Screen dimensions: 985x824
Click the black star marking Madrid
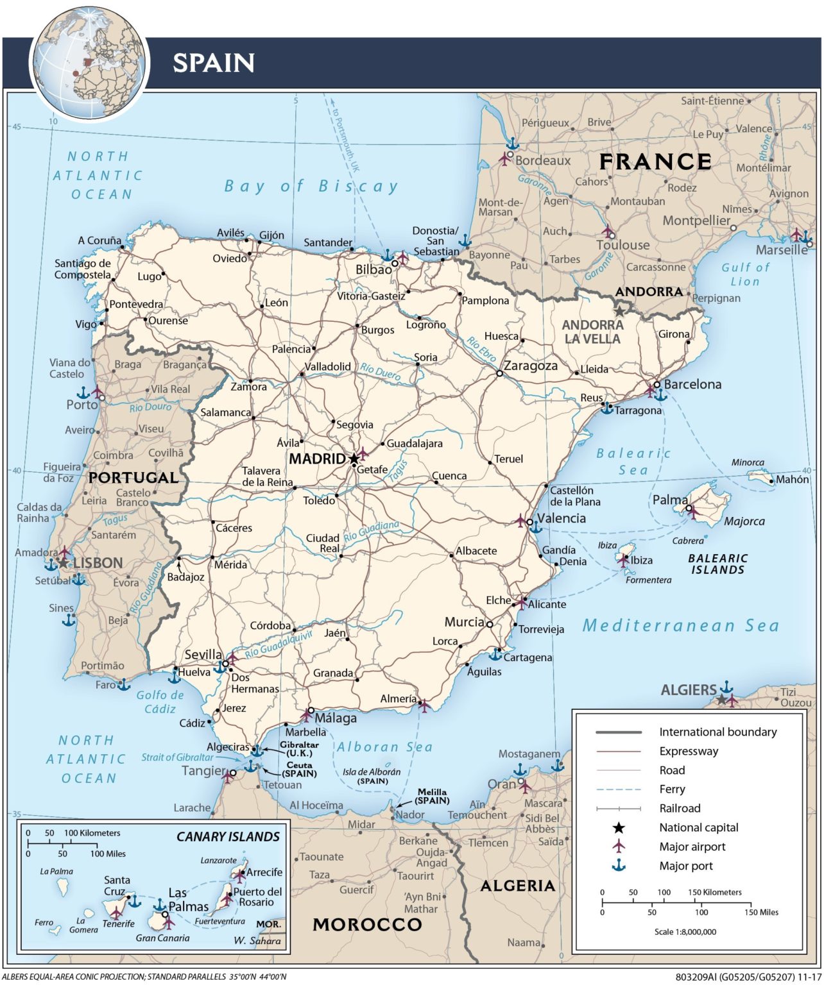point(354,459)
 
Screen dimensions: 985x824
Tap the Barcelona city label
point(692,384)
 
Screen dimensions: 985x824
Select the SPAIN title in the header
point(214,63)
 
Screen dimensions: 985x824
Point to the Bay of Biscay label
point(311,186)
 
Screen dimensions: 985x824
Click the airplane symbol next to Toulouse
point(607,230)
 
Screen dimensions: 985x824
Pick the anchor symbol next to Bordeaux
point(512,144)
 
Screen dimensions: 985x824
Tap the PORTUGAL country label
point(133,477)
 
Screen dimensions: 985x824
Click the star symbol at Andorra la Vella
point(619,311)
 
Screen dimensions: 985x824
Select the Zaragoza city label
point(530,366)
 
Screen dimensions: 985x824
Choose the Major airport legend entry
point(692,846)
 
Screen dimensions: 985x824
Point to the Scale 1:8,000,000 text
point(685,932)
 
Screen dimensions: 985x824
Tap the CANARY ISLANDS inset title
point(228,836)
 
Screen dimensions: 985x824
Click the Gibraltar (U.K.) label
point(299,748)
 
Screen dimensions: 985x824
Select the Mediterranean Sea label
point(680,625)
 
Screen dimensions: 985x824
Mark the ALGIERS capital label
point(688,690)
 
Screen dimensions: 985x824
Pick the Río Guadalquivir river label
point(279,643)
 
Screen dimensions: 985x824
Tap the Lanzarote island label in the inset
point(218,860)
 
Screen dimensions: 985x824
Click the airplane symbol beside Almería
point(424,705)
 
